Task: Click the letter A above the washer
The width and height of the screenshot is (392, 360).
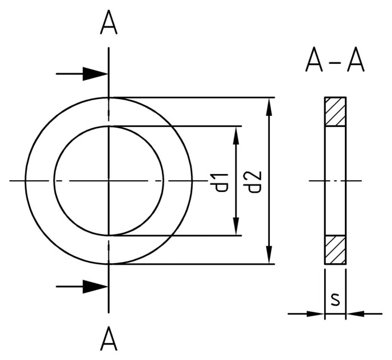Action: (109, 23)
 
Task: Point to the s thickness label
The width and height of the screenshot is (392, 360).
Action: (335, 300)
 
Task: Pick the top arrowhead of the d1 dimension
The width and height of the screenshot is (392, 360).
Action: (237, 134)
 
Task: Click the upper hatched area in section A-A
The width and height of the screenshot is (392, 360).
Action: (335, 111)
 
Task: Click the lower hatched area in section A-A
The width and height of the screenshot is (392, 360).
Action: (335, 249)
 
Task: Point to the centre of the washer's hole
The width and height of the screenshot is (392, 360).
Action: (109, 180)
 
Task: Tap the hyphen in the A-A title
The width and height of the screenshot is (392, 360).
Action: (335, 62)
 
